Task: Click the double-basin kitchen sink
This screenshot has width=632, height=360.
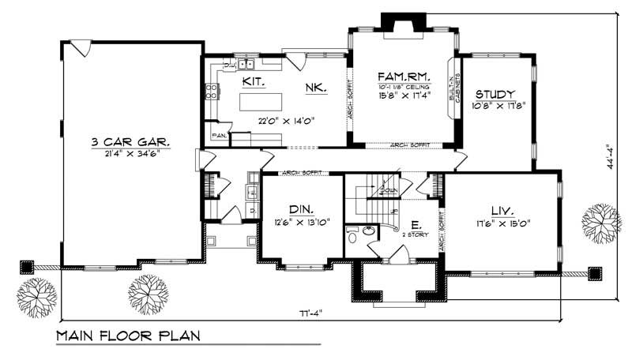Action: [x=243, y=65]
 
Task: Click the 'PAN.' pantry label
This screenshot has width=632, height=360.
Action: [x=219, y=136]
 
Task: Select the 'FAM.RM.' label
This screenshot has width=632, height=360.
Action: [x=403, y=76]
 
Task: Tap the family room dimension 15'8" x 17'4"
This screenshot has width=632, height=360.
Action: [x=403, y=96]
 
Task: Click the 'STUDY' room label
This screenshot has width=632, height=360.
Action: [x=496, y=93]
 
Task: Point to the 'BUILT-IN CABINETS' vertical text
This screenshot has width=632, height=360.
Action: [x=453, y=87]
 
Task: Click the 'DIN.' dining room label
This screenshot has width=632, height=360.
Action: [x=300, y=209]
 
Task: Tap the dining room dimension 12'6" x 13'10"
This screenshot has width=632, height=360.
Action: [x=300, y=222]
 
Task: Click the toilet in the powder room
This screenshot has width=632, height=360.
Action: [x=353, y=235]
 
